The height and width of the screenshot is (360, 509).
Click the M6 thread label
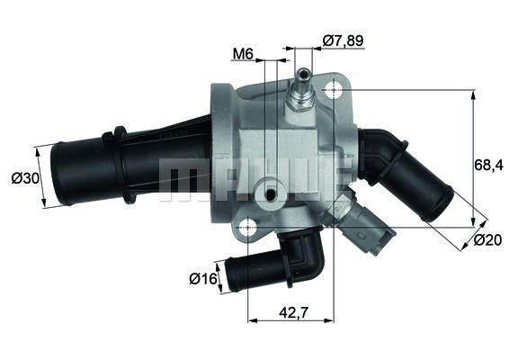coord(242,54)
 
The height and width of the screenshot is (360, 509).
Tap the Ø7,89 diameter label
coord(343,40)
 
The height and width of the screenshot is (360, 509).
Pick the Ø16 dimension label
coord(203,279)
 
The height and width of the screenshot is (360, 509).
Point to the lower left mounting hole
coord(247,230)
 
